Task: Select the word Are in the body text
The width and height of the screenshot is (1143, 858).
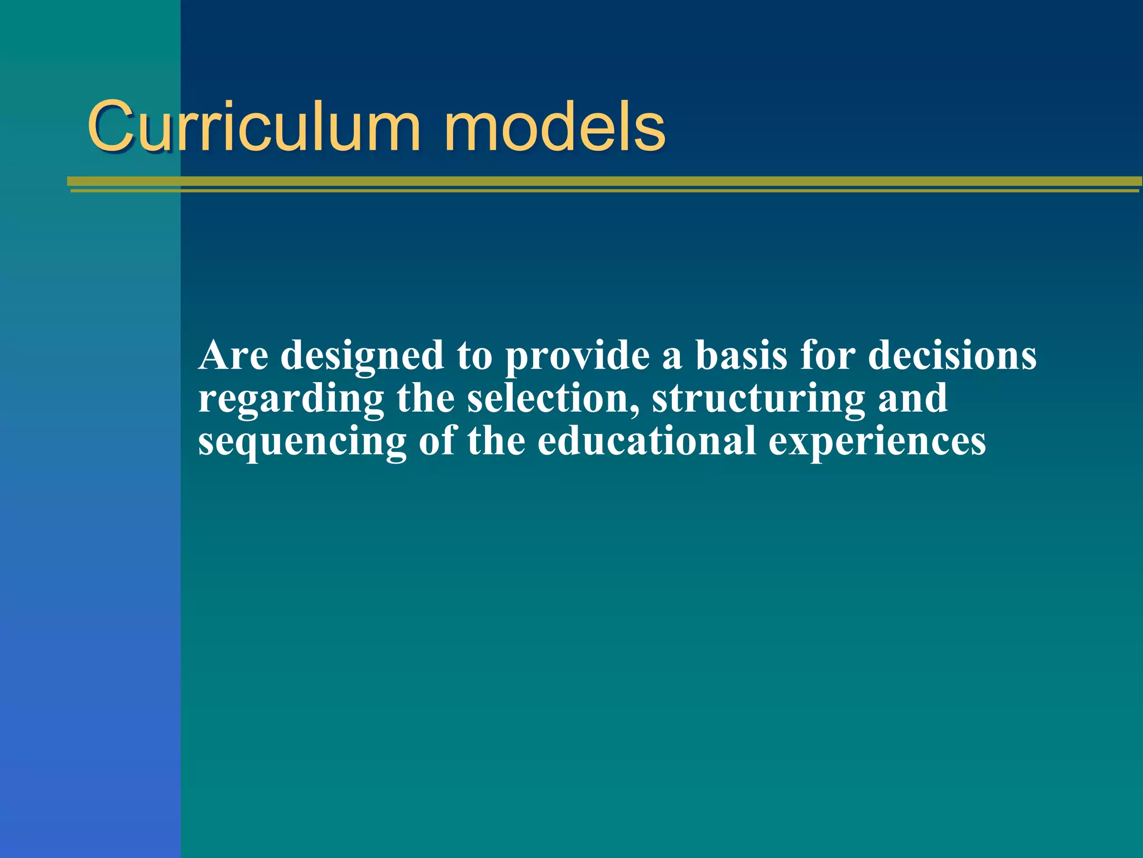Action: click(x=233, y=355)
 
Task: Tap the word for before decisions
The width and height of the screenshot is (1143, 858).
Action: click(x=828, y=355)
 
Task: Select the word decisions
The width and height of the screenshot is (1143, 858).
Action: click(x=952, y=355)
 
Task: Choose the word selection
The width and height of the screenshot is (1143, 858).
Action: click(x=553, y=398)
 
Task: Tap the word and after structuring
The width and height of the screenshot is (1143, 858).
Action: click(x=913, y=398)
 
